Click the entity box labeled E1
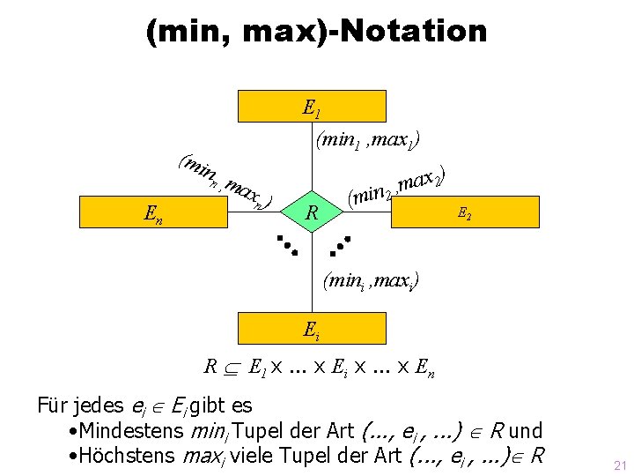coord(312,106)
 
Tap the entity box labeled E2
coord(462,212)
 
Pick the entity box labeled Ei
coord(312,331)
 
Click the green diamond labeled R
coord(311,212)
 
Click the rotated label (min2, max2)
coord(395,183)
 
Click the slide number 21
coord(619,464)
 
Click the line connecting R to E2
coord(352,212)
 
